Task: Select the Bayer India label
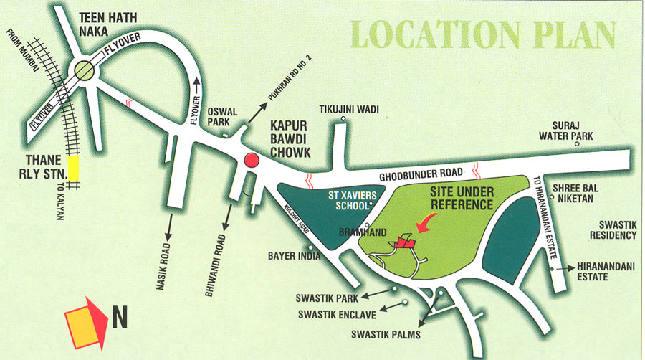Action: tap(288, 255)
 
